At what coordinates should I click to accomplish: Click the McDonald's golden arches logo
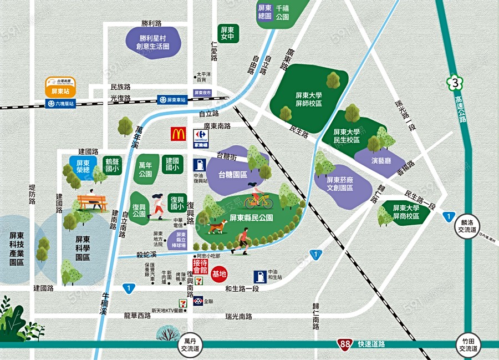tap(178, 134)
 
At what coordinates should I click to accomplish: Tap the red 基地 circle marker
tap(220, 273)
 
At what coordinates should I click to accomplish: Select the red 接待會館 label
tap(199, 266)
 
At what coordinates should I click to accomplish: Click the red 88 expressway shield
tap(345, 344)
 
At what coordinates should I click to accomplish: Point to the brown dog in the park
tap(218, 226)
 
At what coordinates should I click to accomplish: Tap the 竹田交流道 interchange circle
tap(466, 344)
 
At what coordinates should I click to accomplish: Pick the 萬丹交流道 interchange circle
tap(191, 344)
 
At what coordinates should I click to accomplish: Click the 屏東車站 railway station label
tap(171, 100)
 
